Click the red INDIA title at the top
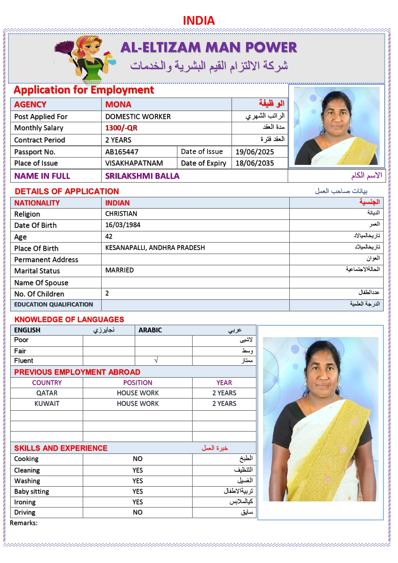click(199, 21)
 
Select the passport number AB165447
click(122, 152)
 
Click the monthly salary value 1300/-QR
click(121, 128)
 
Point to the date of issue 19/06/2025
click(255, 152)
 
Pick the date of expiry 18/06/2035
click(255, 163)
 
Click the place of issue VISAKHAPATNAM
click(134, 163)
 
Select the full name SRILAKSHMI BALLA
click(142, 176)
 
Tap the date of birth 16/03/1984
click(123, 225)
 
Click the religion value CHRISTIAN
click(121, 214)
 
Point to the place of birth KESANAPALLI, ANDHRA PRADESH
click(155, 248)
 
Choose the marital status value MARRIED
click(119, 270)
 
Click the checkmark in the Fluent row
click(156, 361)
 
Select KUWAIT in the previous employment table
click(47, 404)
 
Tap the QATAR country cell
click(47, 393)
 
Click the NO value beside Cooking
click(138, 459)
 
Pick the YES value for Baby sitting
click(138, 491)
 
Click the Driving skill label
click(25, 512)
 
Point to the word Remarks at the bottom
click(23, 523)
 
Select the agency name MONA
click(118, 105)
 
